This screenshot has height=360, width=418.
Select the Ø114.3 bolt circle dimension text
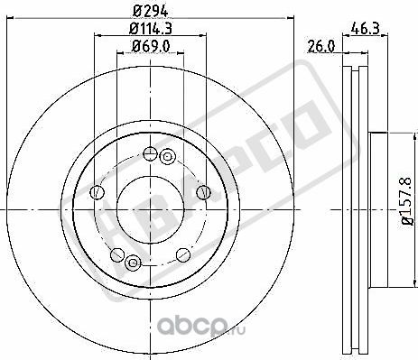(x=151, y=31)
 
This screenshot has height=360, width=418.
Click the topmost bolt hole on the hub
(x=149, y=152)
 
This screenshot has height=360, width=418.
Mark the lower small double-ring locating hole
(x=134, y=263)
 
